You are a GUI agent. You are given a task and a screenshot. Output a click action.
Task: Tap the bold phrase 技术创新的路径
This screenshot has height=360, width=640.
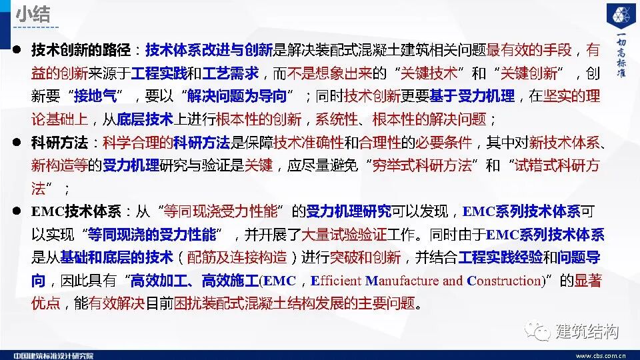point(77,49)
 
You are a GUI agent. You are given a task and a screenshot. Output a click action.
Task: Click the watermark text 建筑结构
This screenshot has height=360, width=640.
point(586,331)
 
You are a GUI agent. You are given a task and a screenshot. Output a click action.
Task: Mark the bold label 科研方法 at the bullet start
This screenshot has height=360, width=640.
point(55,143)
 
